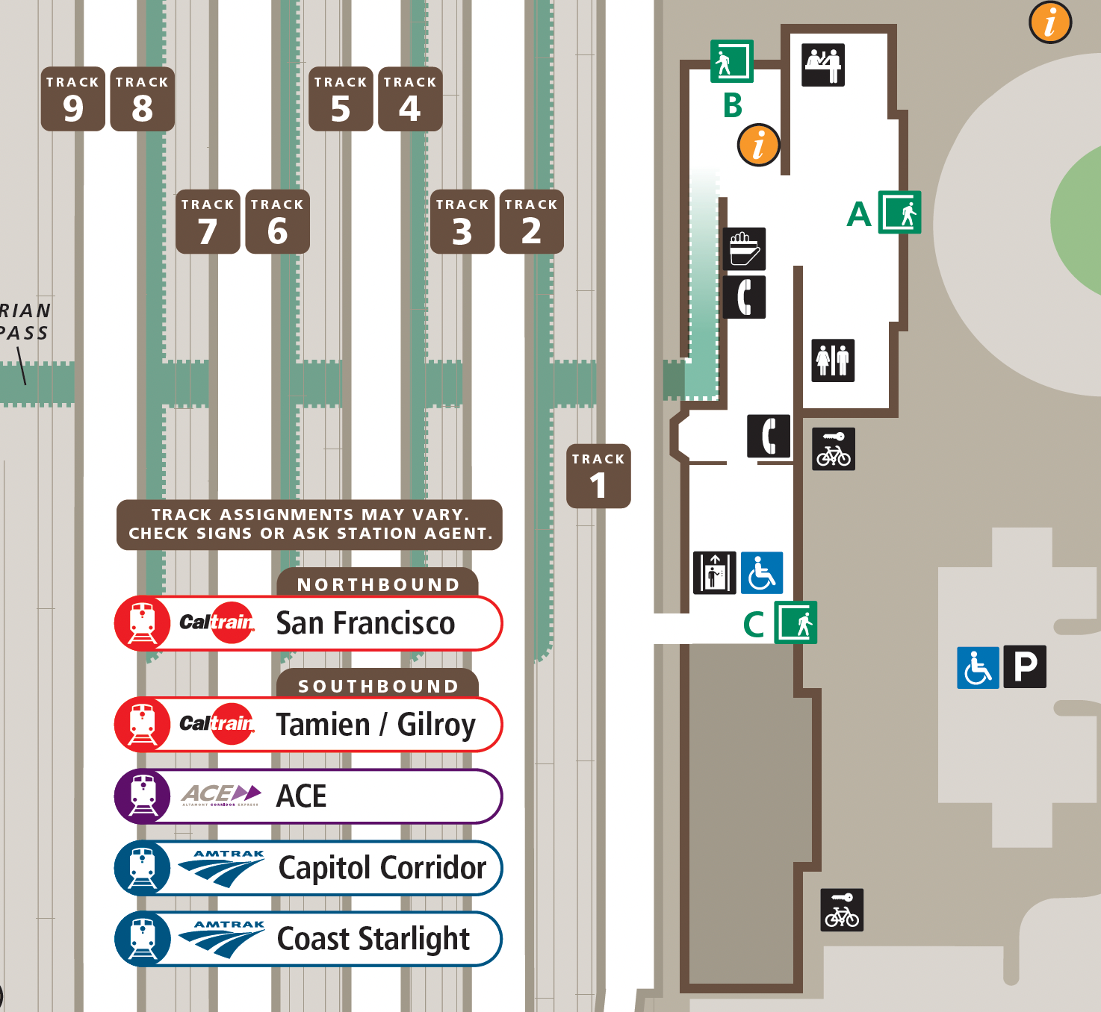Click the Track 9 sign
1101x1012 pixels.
(72, 99)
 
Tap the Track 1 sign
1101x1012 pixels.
(598, 476)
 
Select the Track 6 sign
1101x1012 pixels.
(277, 222)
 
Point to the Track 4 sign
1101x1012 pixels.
(410, 99)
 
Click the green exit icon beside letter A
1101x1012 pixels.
(899, 213)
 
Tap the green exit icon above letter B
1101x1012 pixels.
(731, 60)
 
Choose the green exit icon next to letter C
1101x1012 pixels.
(795, 622)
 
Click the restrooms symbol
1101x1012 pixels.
(833, 360)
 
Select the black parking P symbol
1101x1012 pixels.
(1025, 666)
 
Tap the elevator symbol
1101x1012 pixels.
(715, 573)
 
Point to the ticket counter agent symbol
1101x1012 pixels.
(823, 65)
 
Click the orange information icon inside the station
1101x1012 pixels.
(758, 145)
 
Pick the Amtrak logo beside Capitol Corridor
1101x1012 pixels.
(223, 867)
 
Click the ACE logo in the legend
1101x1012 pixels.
(222, 796)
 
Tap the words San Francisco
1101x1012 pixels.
(365, 623)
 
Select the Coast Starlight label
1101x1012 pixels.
(373, 939)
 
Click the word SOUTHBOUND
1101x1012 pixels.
(378, 686)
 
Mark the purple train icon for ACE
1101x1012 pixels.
(142, 796)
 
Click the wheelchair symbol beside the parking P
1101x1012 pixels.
(978, 666)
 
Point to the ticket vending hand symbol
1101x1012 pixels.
(744, 249)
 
